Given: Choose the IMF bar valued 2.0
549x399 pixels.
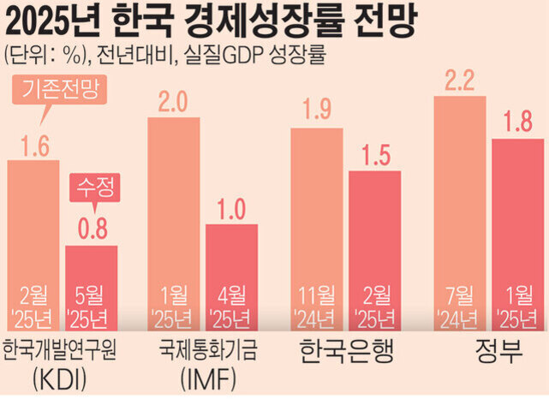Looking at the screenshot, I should point(175,214).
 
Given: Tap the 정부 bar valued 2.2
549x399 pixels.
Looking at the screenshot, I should point(460,205).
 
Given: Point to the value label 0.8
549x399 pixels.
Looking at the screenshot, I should point(92,229).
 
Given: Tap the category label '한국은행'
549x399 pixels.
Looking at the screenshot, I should point(345,352).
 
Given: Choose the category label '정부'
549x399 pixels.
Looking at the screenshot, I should point(489,352).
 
